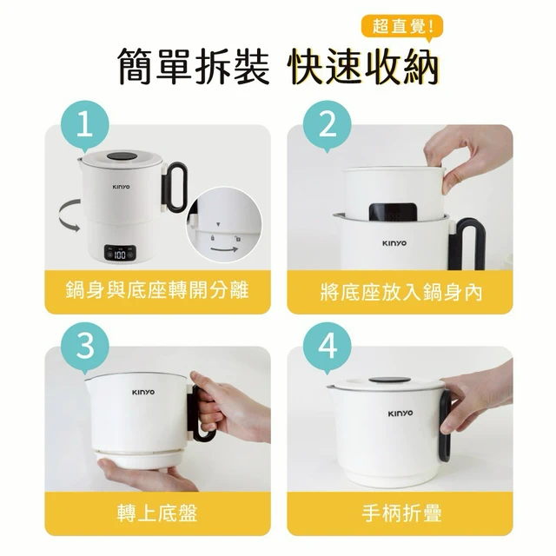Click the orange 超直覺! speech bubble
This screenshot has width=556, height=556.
(x=401, y=26)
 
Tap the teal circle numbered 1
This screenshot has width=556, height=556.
(x=85, y=125)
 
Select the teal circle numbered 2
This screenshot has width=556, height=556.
(x=328, y=125)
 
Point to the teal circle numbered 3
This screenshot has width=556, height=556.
(x=85, y=347)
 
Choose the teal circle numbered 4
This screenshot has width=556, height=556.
(x=328, y=347)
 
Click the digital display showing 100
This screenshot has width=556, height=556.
(x=120, y=253)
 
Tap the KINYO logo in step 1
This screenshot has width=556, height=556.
(x=122, y=187)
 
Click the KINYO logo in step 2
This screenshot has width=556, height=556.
(x=394, y=243)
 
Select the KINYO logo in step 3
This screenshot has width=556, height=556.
(x=143, y=392)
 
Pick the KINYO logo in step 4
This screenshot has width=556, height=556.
(x=400, y=414)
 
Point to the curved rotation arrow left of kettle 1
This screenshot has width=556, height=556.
(x=63, y=216)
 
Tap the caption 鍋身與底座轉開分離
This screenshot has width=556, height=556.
(x=157, y=291)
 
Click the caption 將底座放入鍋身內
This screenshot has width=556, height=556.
(x=400, y=292)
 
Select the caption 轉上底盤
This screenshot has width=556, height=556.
(x=157, y=513)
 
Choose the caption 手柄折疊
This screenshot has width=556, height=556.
(x=401, y=513)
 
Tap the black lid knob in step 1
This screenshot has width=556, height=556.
(x=122, y=156)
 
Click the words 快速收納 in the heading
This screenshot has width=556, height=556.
(x=364, y=66)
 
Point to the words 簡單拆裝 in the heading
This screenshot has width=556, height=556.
(x=193, y=66)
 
